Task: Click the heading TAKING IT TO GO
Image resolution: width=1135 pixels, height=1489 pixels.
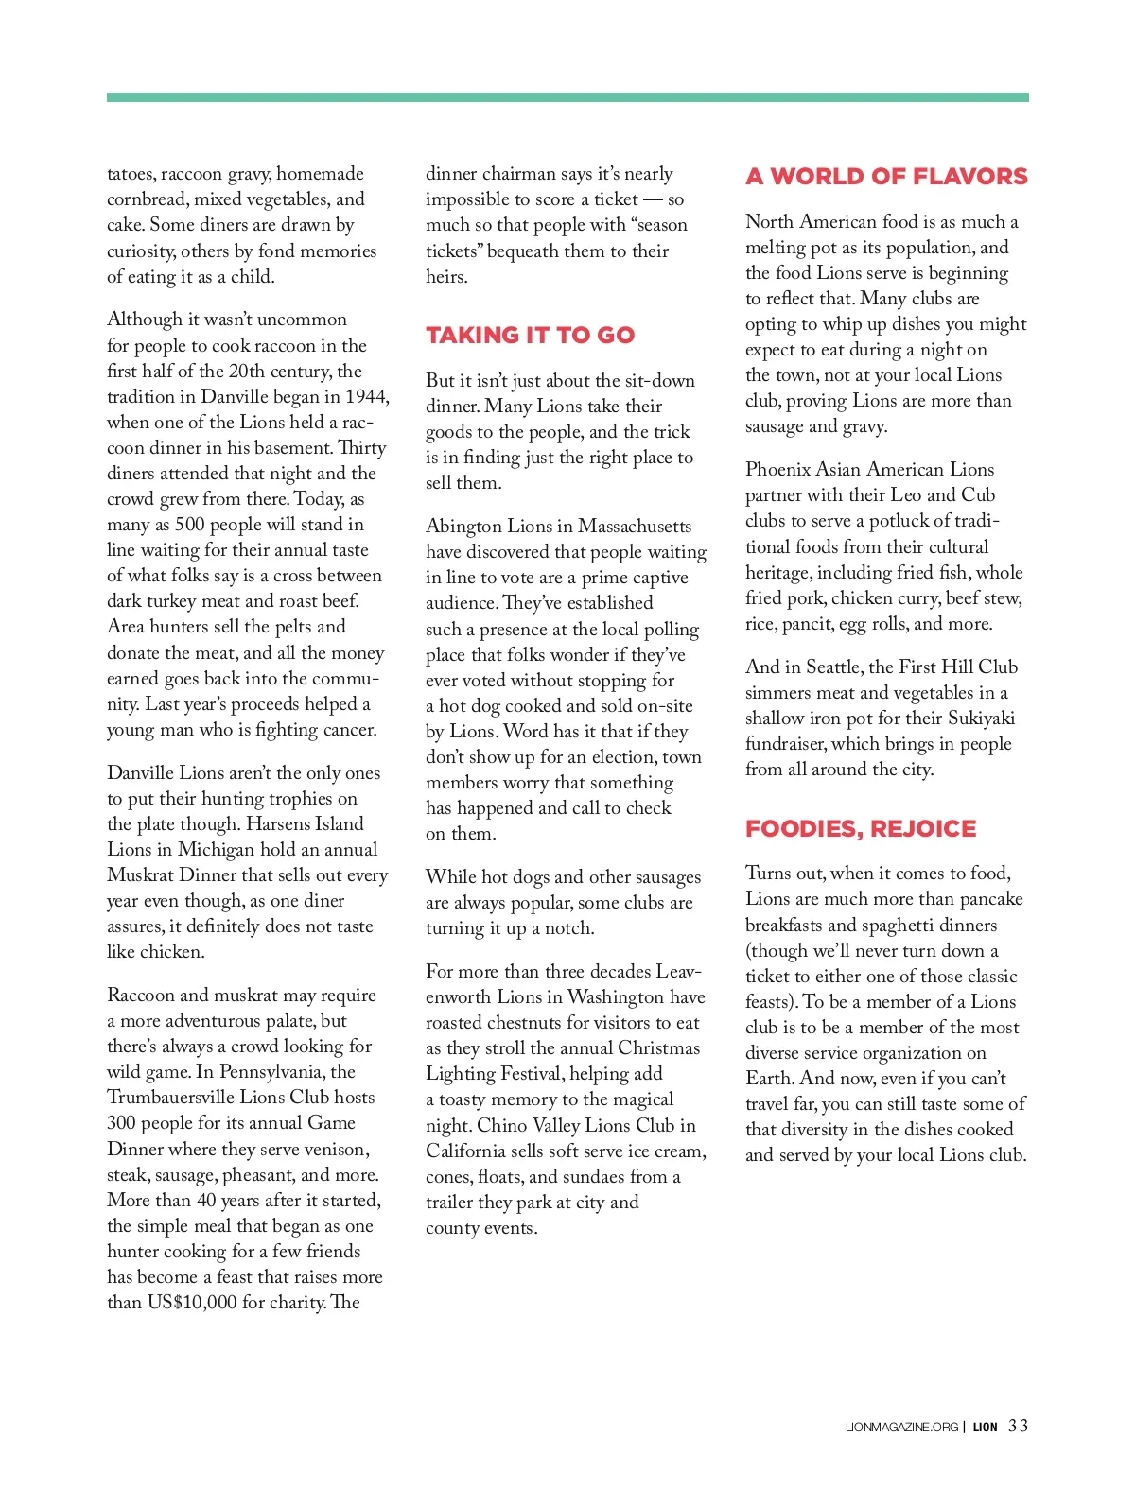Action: pos(530,336)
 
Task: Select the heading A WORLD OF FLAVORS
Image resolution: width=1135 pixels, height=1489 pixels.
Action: pos(886,177)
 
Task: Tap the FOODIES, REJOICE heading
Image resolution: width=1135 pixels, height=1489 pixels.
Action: pos(861,829)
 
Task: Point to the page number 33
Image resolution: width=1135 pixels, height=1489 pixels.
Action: pos(1018,1426)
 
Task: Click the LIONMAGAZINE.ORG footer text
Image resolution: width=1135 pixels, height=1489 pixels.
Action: pos(901,1428)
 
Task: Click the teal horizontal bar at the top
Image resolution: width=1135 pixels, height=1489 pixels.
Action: pos(567,97)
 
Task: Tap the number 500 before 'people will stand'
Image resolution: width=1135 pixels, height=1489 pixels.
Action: pos(189,525)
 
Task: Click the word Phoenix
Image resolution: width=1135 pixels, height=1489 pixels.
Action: pos(779,470)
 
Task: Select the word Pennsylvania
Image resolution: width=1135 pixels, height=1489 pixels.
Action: pos(273,1072)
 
